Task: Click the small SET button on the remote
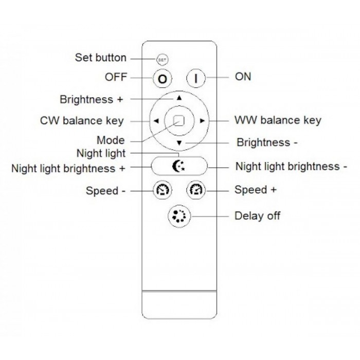click(163, 59)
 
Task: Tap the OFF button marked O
click(162, 79)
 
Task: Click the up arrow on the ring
click(179, 97)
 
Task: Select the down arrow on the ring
click(179, 143)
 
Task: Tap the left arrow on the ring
click(155, 121)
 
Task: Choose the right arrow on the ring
click(202, 121)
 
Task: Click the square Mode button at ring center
click(178, 120)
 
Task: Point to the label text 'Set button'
click(100, 57)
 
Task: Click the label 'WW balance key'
click(278, 120)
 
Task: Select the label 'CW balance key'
click(82, 120)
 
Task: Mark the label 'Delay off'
click(257, 215)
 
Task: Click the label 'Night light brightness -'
click(291, 166)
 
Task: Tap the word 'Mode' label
click(111, 140)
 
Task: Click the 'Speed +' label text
click(256, 190)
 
